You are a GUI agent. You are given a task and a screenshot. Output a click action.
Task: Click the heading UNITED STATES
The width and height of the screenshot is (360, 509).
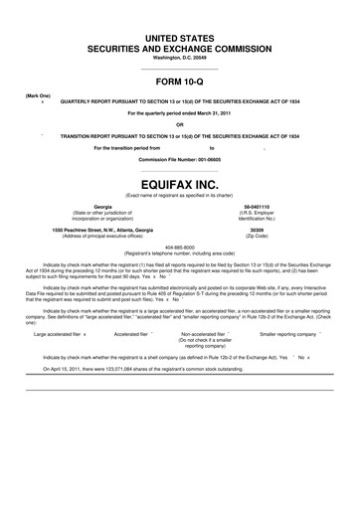180,37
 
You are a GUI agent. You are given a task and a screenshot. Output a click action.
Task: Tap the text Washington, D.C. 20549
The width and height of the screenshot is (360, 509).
180,57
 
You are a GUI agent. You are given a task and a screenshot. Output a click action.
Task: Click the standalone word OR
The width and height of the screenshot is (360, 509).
180,124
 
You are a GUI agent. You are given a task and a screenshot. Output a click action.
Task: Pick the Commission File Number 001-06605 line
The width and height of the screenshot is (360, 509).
180,159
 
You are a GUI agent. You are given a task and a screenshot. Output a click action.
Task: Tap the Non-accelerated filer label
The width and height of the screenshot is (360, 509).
211,335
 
